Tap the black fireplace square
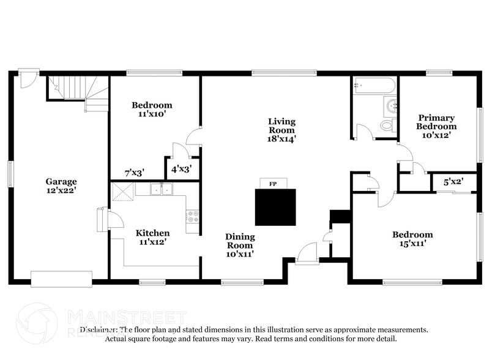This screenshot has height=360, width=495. pos(275,207)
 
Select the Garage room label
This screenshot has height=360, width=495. pos(61,181)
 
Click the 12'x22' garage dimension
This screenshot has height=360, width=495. pos(61,190)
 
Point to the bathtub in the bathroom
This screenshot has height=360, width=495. pos(374,86)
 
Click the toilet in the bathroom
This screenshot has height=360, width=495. pos(387,125)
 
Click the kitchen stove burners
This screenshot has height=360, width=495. pos(193,216)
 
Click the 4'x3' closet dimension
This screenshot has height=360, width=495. pos(182,169)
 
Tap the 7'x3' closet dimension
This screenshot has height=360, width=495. pos(133,173)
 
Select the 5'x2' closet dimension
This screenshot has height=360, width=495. pos(453,181)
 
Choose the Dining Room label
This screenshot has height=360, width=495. pos(240,241)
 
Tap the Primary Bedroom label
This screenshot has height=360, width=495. pos(437,122)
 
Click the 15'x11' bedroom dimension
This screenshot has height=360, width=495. pos(412,244)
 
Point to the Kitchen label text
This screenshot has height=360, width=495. pos(152,233)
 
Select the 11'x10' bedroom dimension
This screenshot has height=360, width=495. pos(152,114)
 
